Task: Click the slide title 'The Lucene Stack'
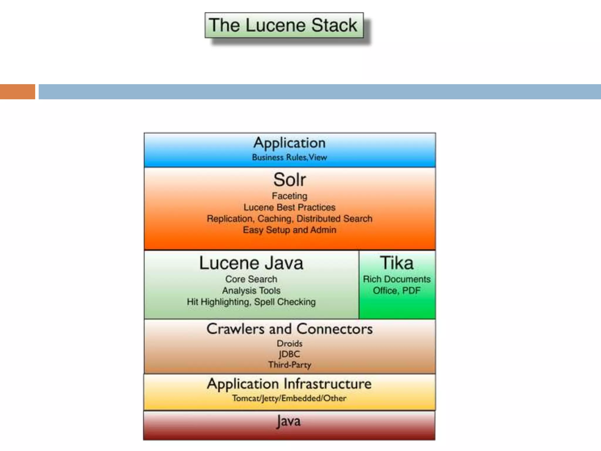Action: pyautogui.click(x=283, y=25)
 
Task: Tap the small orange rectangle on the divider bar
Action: pyautogui.click(x=17, y=92)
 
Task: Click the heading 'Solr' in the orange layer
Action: pyautogui.click(x=289, y=180)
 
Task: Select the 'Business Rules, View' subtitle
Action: pyautogui.click(x=289, y=158)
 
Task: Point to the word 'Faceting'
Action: pyautogui.click(x=289, y=196)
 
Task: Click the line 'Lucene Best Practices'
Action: pyautogui.click(x=289, y=207)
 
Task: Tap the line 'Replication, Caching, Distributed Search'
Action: pyautogui.click(x=289, y=219)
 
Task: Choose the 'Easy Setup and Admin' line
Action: pyautogui.click(x=289, y=230)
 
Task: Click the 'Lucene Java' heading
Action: pyautogui.click(x=251, y=263)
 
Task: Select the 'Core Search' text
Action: pyautogui.click(x=251, y=279)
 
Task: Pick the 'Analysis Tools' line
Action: pyautogui.click(x=251, y=291)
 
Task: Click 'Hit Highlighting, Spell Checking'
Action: pyautogui.click(x=251, y=302)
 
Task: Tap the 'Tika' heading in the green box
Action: pyautogui.click(x=397, y=263)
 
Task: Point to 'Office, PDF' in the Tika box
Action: pyautogui.click(x=397, y=291)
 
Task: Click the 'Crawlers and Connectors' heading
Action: pyautogui.click(x=289, y=329)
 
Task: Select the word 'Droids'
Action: pyautogui.click(x=289, y=344)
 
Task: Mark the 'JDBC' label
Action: pyautogui.click(x=289, y=354)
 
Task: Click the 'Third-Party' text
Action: pyautogui.click(x=289, y=365)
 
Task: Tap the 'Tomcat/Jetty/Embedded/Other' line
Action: pyautogui.click(x=289, y=398)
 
